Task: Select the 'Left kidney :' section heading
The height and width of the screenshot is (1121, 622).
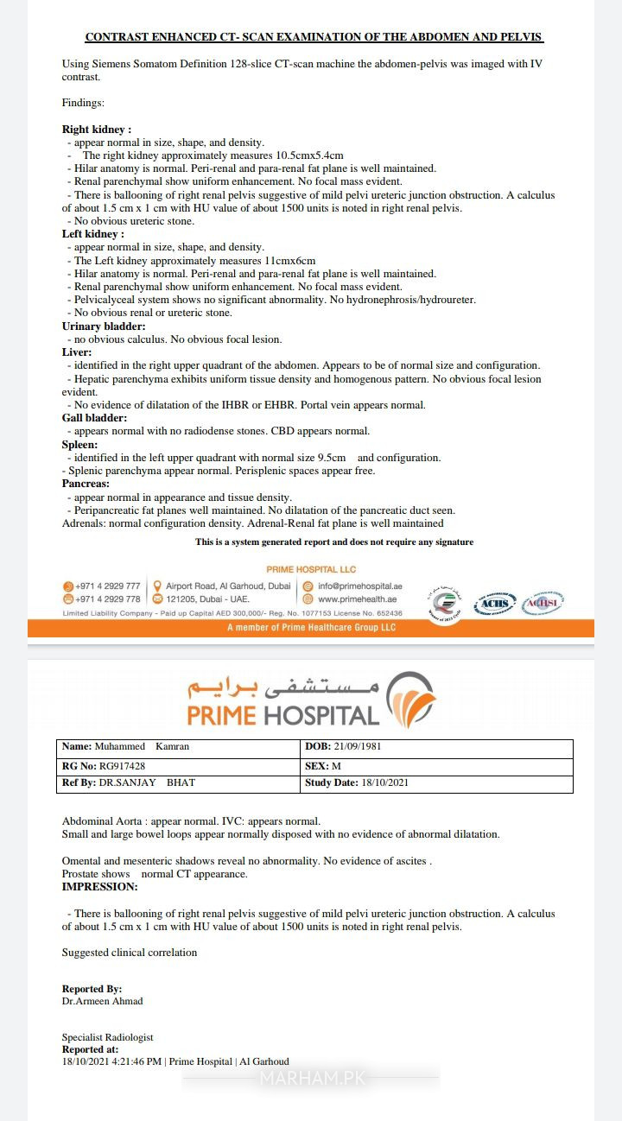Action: tap(93, 234)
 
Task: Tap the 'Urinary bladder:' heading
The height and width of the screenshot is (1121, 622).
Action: tap(104, 326)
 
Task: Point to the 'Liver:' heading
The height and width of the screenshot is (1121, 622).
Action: tap(77, 352)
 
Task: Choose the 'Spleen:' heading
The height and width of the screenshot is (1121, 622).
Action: tap(79, 444)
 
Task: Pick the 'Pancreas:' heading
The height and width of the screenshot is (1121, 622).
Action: tap(86, 484)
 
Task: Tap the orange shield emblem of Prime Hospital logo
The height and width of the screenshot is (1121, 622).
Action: tap(411, 698)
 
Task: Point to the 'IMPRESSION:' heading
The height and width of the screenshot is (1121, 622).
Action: tap(99, 886)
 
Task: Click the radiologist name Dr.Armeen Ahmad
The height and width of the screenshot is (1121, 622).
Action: tap(102, 1001)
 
